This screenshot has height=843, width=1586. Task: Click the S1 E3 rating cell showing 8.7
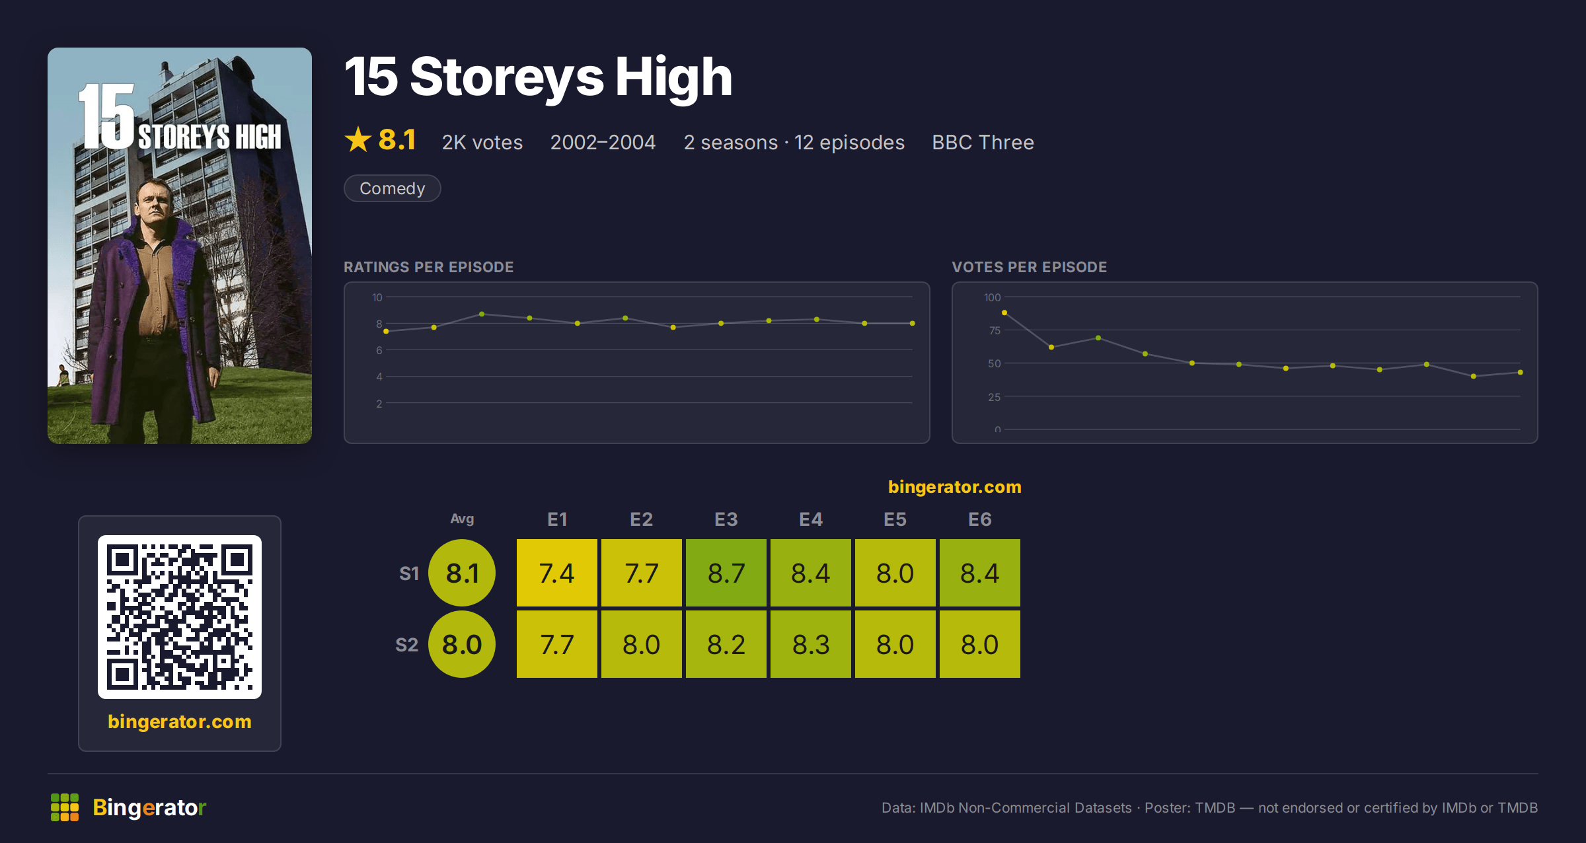pos(726,573)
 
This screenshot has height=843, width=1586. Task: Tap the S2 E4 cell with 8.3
pos(811,644)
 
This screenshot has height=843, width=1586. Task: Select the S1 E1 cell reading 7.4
pos(557,573)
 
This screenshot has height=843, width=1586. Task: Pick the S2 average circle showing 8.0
pos(462,644)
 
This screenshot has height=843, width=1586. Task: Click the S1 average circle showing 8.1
pos(462,573)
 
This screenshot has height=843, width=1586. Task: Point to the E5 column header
pos(895,519)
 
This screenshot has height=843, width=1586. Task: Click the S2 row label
pos(407,645)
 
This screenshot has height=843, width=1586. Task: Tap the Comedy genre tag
pos(393,188)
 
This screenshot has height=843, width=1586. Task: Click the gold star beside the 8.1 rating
pos(358,139)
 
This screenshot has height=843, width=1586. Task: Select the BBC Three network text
pos(983,142)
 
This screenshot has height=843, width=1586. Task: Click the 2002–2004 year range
pos(603,142)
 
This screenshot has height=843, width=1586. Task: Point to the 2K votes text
pos(482,142)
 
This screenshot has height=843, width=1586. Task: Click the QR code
pos(180,617)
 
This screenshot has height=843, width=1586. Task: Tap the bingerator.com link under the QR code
pos(180,721)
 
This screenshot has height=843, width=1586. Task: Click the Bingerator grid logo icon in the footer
pos(65,807)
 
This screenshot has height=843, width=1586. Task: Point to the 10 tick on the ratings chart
pos(377,297)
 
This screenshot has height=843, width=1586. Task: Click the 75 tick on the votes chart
pos(995,330)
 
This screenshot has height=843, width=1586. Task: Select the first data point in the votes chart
pos(1004,312)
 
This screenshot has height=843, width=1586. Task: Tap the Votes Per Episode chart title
pos(1029,267)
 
